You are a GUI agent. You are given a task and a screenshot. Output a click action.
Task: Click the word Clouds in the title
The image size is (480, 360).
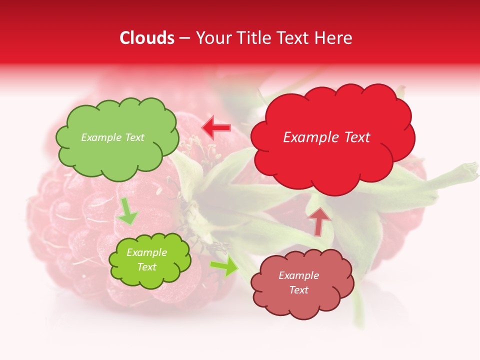tap(147, 38)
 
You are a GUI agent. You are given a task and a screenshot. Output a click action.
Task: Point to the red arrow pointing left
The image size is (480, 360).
tap(216, 127)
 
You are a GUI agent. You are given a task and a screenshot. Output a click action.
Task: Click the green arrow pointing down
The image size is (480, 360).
tap(127, 211)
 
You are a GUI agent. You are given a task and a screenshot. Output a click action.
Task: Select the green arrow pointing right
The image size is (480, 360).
tap(224, 266)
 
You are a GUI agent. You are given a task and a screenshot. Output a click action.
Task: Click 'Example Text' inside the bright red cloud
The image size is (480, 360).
tap(326, 137)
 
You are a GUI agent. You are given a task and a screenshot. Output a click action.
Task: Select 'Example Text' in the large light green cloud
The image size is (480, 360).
tap(112, 137)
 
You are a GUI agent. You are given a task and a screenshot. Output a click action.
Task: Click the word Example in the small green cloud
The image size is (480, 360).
tap(146, 252)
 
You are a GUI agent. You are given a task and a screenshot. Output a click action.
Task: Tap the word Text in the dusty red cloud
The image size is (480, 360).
tap(298, 290)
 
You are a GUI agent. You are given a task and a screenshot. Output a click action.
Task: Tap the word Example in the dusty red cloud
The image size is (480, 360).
tap(298, 275)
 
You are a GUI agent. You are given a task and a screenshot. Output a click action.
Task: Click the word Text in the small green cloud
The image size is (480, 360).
tap(146, 267)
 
